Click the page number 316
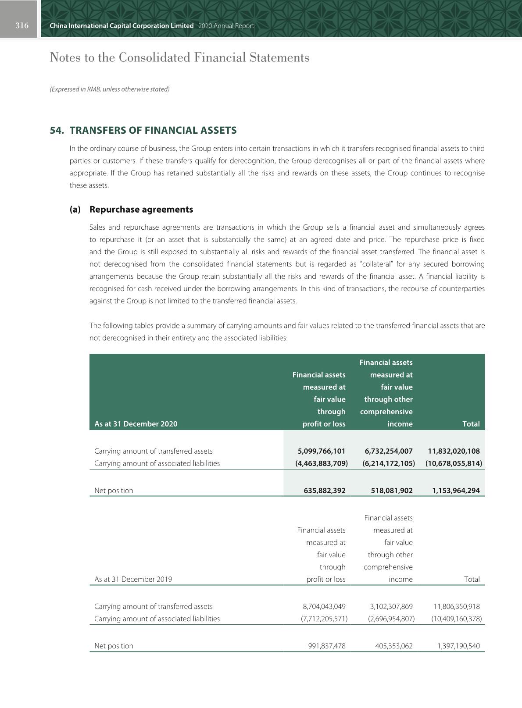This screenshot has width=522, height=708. click(x=22, y=26)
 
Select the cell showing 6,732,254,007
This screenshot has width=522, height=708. click(x=389, y=451)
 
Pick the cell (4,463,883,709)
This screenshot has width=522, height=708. click(x=322, y=463)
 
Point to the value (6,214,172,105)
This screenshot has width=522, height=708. click(x=389, y=463)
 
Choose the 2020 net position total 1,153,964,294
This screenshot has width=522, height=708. click(x=456, y=491)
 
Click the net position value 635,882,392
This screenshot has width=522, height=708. click(x=325, y=491)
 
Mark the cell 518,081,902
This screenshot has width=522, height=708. click(x=392, y=491)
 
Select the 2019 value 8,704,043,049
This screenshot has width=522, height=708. click(x=324, y=607)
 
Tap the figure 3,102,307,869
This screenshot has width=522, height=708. click(x=391, y=607)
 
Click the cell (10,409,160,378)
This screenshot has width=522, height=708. click(x=456, y=619)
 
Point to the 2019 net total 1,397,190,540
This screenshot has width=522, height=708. click(x=458, y=646)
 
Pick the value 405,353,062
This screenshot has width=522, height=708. click(x=394, y=646)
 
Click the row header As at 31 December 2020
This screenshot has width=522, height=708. click(x=136, y=424)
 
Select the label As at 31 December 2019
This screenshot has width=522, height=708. click(x=133, y=580)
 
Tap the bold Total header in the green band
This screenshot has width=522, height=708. click(x=471, y=424)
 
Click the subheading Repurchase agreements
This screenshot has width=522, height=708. click(x=141, y=210)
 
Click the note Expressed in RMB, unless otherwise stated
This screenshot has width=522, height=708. click(x=110, y=89)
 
